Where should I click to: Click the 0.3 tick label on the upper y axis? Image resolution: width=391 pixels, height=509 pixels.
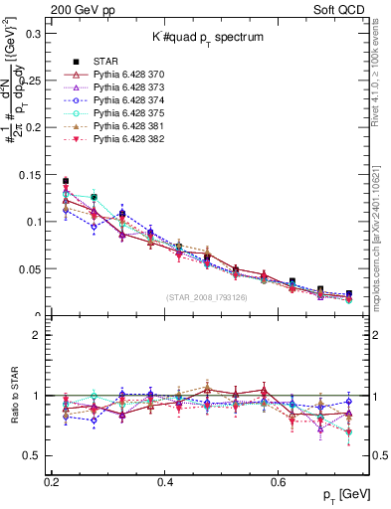pyautogui.click(x=34, y=33)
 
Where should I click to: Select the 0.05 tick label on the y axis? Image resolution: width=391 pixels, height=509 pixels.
pyautogui.click(x=30, y=269)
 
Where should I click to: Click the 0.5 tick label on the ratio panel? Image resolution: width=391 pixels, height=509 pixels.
pyautogui.click(x=34, y=455)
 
